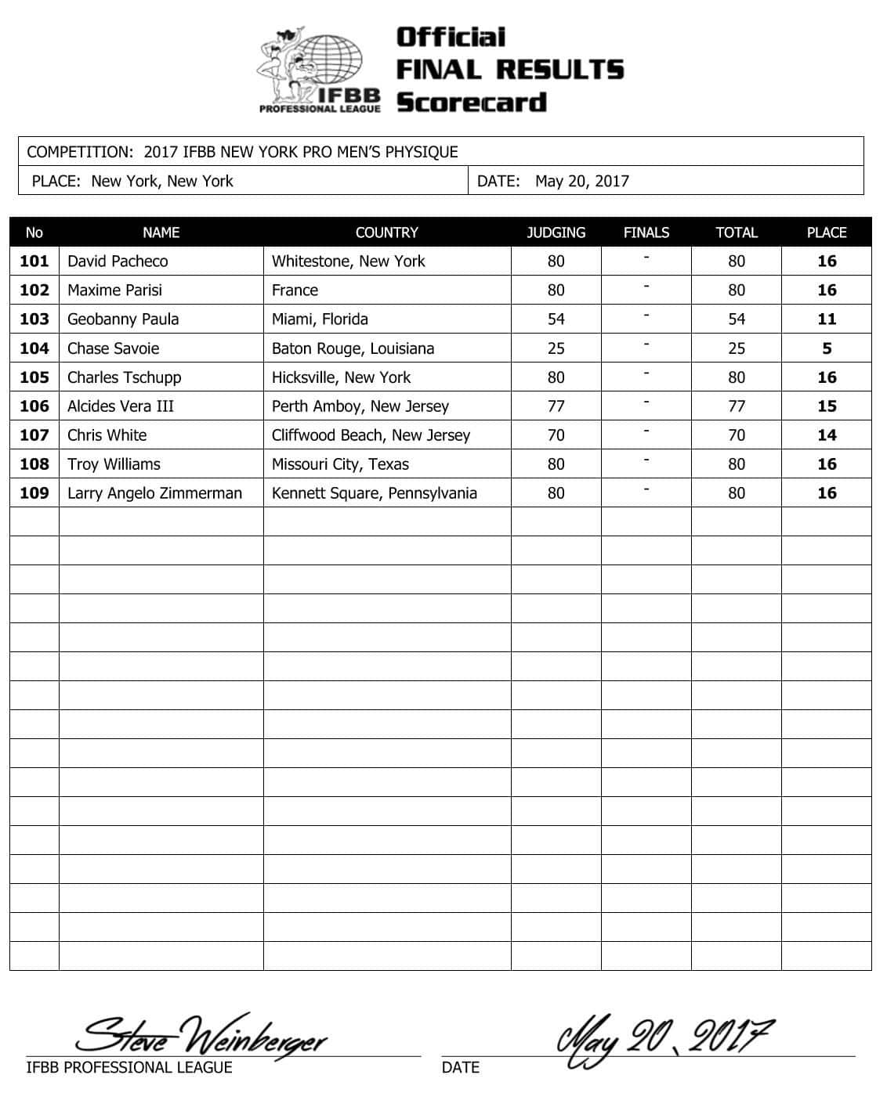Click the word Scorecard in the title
tap(471, 103)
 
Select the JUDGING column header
tap(556, 233)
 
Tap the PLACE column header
tap(827, 233)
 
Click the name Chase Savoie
tap(114, 348)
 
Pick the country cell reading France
tap(295, 290)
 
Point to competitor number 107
tap(34, 435)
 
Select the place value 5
tap(827, 348)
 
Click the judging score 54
tap(556, 319)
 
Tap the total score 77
tap(737, 406)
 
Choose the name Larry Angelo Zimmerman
tap(154, 493)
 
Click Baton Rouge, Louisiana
tap(353, 348)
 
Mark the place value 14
tap(827, 435)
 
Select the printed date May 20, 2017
tap(581, 182)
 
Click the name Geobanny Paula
tap(123, 319)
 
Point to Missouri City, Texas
tap(340, 464)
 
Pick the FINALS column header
tap(646, 233)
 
